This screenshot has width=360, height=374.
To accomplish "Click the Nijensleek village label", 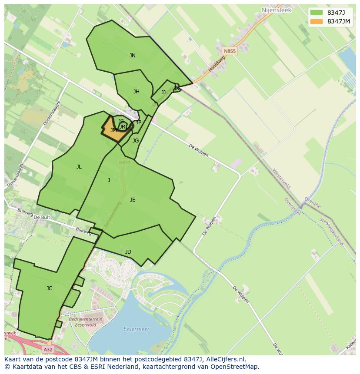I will tap(276, 9).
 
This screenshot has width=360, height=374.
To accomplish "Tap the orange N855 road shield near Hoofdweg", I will tap(230, 51).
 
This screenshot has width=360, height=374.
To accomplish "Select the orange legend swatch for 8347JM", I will tap(317, 21).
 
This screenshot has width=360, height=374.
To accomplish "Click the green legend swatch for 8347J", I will tap(317, 12).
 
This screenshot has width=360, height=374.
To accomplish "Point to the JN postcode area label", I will tap(133, 56).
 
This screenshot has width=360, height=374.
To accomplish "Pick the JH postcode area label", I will tap(137, 92).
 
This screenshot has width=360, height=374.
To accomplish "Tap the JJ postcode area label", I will tap(163, 93).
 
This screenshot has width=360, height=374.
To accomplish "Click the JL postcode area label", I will tap(79, 167).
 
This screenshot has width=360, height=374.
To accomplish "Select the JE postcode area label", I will tap(133, 200).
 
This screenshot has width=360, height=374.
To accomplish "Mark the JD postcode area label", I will tap(128, 252).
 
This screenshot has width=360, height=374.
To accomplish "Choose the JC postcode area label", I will tap(50, 288).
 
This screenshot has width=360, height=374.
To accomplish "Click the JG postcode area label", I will tap(136, 141).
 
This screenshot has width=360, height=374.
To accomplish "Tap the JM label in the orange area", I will tap(113, 130).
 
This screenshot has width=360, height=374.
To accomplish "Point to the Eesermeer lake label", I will tap(136, 329).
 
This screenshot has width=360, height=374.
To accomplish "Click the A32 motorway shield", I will tap(48, 349).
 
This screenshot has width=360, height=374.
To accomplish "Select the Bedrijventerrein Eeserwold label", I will tap(86, 322).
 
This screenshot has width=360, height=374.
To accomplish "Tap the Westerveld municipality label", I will tap(281, 179).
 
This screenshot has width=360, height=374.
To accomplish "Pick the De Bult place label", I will tap(42, 217).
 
